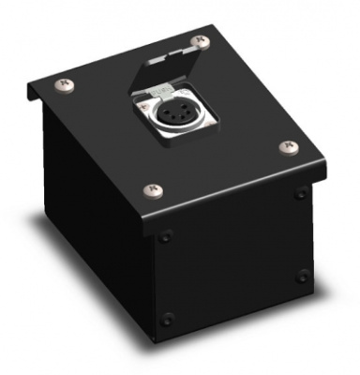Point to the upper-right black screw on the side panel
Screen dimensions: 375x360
coord(301,194)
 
